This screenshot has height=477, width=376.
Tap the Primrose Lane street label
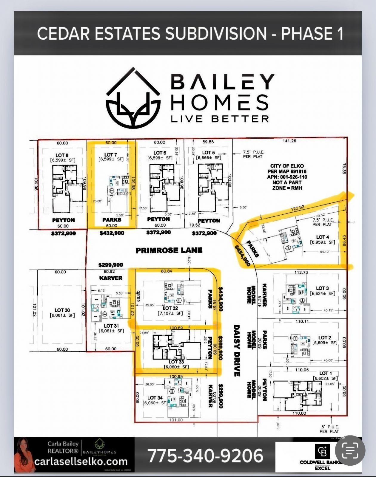pyautogui.click(x=169, y=250)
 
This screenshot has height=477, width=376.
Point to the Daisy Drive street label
pyautogui.click(x=237, y=350)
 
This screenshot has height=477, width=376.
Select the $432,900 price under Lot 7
pyautogui.click(x=112, y=233)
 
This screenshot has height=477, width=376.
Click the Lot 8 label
pyautogui.click(x=62, y=155)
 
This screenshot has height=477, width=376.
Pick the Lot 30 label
pyautogui.click(x=62, y=310)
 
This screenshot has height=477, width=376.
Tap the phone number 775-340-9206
pyautogui.click(x=206, y=456)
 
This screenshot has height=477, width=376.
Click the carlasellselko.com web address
pyautogui.click(x=81, y=461)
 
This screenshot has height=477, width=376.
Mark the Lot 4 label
pyautogui.click(x=323, y=237)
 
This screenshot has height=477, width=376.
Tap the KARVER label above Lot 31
pyautogui.click(x=111, y=278)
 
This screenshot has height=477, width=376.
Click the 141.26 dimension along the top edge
pyautogui.click(x=289, y=141)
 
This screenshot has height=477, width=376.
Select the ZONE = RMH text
pyautogui.click(x=287, y=188)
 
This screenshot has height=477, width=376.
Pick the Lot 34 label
pyautogui.click(x=155, y=398)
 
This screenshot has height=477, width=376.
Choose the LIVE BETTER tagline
pyautogui.click(x=220, y=119)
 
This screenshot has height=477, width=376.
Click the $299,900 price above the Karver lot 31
pyautogui.click(x=110, y=265)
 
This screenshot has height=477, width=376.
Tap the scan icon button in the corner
pyautogui.click(x=350, y=450)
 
